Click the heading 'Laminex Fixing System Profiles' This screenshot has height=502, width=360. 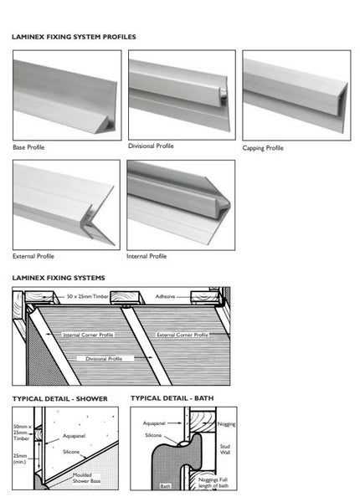[74, 38]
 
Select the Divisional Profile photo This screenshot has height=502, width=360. [181, 94]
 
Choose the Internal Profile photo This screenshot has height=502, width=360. [181, 203]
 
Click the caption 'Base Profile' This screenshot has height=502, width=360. [29, 147]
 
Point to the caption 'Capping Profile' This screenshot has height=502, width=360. [263, 148]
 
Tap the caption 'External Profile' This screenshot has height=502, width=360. [34, 256]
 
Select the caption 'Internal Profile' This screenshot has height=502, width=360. [147, 256]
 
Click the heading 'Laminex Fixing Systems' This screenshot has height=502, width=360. [58, 276]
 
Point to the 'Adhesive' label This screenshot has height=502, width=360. [166, 296]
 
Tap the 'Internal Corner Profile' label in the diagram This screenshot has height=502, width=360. [86, 335]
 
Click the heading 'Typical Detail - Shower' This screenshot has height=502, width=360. [59, 398]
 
